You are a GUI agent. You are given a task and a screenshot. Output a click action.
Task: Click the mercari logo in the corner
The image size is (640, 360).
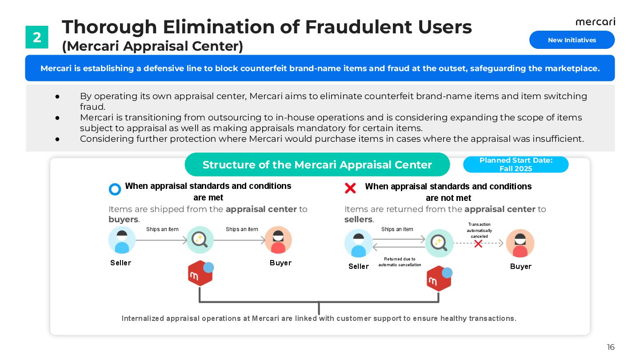click(595, 22)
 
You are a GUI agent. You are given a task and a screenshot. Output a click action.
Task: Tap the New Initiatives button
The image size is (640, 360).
click(572, 40)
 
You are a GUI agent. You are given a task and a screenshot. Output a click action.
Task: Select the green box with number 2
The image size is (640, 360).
click(37, 37)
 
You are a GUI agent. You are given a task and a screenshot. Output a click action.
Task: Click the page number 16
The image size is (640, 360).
click(611, 347)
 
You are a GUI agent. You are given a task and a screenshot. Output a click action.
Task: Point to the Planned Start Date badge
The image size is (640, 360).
click(516, 164)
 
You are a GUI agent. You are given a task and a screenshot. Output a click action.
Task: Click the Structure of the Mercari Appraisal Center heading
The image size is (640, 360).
click(317, 165)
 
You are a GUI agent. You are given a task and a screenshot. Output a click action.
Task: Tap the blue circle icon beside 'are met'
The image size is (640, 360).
click(115, 189)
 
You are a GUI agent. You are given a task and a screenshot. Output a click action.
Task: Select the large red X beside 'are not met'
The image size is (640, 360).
click(350, 188)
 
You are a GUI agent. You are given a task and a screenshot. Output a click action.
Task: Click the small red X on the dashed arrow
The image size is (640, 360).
click(478, 244)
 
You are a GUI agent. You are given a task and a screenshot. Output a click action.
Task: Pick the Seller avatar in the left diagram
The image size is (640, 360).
click(122, 240)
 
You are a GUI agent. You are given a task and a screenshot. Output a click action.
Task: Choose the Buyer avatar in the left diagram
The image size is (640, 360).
click(278, 240)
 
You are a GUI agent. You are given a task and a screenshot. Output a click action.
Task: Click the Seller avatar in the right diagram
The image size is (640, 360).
click(358, 243)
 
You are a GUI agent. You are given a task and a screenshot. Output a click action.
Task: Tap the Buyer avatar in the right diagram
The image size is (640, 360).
click(520, 243)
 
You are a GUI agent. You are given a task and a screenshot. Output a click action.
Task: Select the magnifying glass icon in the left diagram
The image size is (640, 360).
click(200, 240)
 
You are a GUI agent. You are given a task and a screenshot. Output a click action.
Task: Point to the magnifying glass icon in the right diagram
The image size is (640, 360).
click(439, 243)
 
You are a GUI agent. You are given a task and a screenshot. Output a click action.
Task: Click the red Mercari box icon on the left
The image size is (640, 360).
click(200, 273)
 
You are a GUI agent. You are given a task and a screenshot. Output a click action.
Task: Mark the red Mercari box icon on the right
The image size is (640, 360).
click(439, 279)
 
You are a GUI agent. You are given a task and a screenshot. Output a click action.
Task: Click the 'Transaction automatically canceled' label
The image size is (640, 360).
click(479, 230)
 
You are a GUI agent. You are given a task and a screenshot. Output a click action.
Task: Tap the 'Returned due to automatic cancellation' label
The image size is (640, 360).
click(400, 262)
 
